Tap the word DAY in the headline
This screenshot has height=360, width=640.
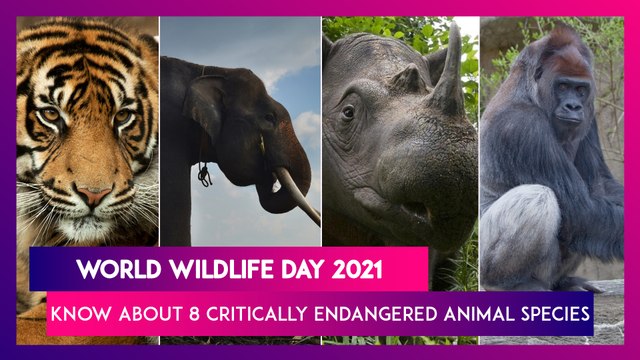point(289,270)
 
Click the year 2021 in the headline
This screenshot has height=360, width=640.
point(355,270)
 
